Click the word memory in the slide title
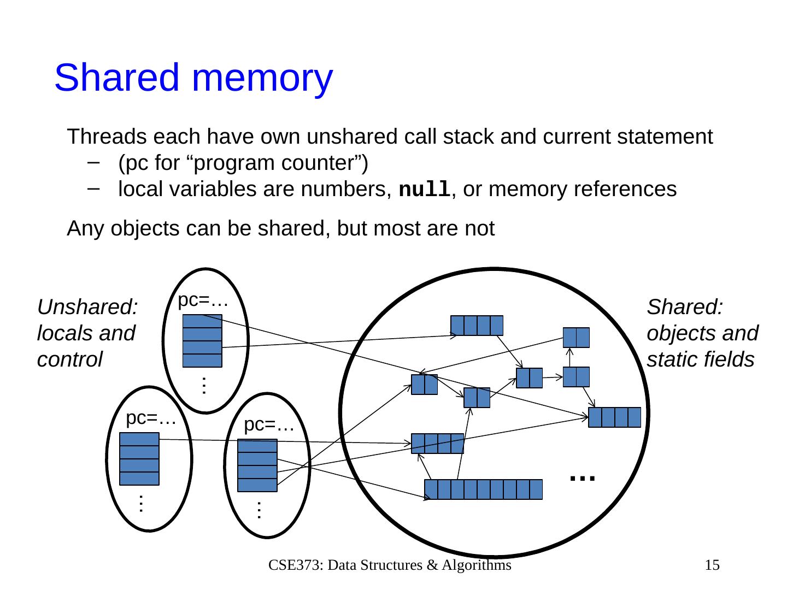[262, 79]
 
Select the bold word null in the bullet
[425, 190]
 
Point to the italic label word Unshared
[87, 307]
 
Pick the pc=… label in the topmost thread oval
[203, 299]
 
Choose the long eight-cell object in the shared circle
[484, 489]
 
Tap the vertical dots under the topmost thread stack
[203, 386]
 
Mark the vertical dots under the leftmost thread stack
[140, 503]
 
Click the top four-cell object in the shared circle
[477, 326]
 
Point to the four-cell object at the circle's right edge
[614, 417]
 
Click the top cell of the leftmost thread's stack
[139, 439]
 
